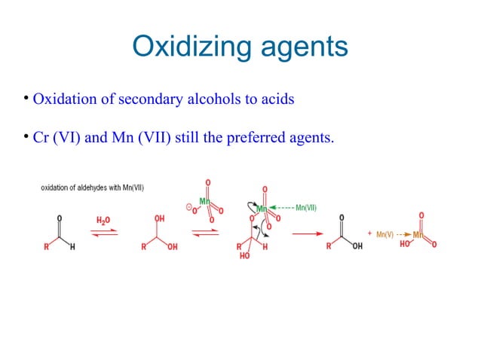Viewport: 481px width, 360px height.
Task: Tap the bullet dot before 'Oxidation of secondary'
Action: point(25,98)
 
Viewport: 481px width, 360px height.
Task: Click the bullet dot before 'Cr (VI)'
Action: point(25,136)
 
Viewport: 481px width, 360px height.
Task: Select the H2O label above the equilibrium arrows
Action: point(104,220)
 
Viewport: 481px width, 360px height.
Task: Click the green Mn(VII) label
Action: point(306,208)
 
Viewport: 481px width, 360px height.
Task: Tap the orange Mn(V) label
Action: point(384,234)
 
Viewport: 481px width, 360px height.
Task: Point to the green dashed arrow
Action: point(282,208)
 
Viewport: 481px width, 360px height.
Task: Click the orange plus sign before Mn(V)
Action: point(370,233)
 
